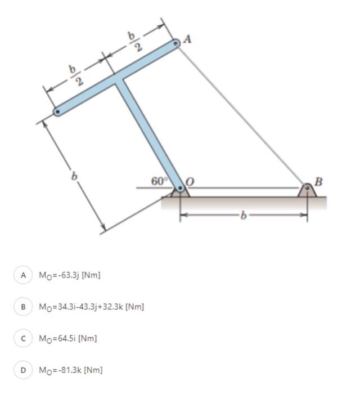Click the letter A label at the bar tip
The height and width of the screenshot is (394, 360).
(x=187, y=39)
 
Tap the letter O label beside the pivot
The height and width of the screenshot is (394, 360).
(x=190, y=181)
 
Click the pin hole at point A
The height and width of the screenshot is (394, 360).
(x=176, y=44)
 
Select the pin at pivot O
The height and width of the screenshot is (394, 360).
(x=180, y=188)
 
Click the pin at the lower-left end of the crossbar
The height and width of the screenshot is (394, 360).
(x=57, y=112)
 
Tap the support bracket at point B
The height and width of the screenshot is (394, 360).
(x=307, y=190)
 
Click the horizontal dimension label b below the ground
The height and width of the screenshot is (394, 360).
(x=243, y=216)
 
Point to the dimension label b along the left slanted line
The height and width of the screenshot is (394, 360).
(x=74, y=176)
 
